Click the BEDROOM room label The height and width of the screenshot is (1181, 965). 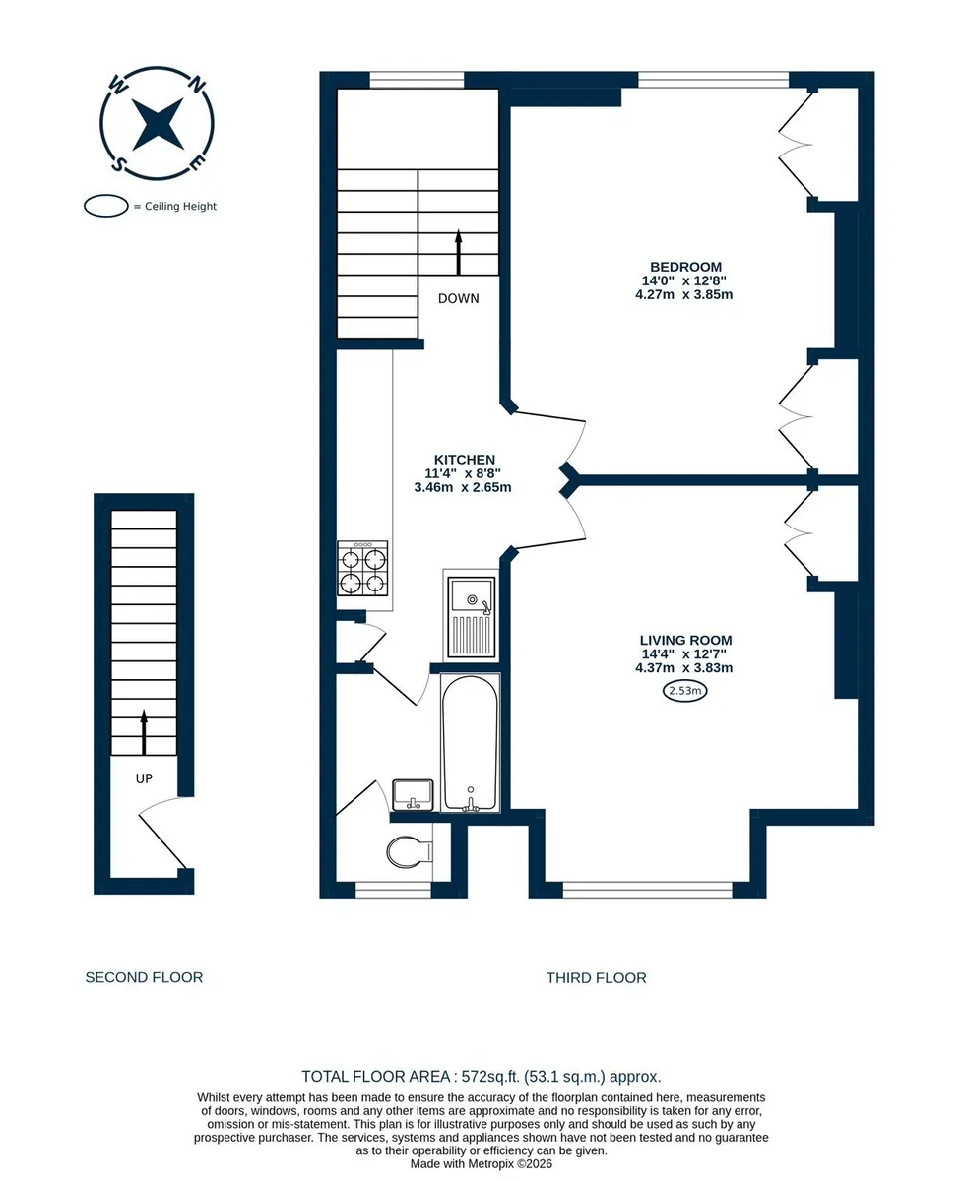tap(684, 267)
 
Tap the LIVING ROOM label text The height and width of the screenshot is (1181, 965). tap(685, 640)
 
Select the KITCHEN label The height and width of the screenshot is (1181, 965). tap(465, 460)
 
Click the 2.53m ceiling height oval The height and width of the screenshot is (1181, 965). tap(684, 691)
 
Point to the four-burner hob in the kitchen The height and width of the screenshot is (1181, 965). tap(362, 568)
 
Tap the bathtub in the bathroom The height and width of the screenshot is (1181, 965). tap(470, 743)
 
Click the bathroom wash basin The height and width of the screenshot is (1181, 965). tap(413, 795)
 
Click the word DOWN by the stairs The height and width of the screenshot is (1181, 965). tap(459, 298)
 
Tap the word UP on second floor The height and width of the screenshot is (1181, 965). tap(144, 778)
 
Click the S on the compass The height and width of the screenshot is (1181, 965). tap(119, 164)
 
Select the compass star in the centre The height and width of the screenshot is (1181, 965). tap(158, 124)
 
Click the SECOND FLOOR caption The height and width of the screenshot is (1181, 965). tap(144, 977)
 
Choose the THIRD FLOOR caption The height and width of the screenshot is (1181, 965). tap(597, 977)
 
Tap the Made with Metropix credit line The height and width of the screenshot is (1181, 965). tap(482, 1163)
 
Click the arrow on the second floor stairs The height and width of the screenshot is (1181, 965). tap(144, 732)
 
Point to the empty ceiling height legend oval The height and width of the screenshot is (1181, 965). tap(106, 206)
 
